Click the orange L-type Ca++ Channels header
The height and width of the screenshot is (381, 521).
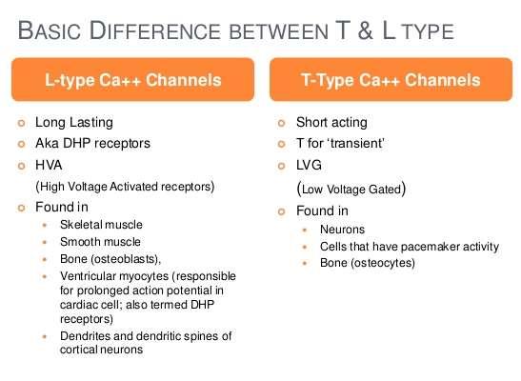click(x=133, y=79)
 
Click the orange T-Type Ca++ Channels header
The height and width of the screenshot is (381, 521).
click(x=391, y=79)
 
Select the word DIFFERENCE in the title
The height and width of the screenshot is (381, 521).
click(x=155, y=30)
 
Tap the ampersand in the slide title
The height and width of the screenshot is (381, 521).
click(x=365, y=30)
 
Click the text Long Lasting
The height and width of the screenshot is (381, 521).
click(x=74, y=122)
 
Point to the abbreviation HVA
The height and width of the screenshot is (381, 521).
click(x=49, y=165)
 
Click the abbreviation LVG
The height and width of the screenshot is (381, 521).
click(x=309, y=165)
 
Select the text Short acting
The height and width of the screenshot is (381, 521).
click(x=331, y=122)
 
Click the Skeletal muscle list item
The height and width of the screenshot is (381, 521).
click(x=101, y=225)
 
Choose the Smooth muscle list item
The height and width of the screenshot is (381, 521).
click(x=100, y=242)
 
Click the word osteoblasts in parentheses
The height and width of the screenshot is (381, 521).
click(x=125, y=259)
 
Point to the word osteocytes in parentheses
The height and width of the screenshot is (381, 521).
click(x=383, y=263)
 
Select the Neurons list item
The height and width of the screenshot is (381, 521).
click(x=342, y=230)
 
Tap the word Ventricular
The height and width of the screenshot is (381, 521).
click(x=88, y=276)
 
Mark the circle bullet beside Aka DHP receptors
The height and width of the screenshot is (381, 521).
click(x=21, y=144)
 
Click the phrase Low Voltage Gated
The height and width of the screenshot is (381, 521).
click(x=351, y=190)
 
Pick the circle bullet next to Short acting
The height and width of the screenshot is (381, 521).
click(x=281, y=123)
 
